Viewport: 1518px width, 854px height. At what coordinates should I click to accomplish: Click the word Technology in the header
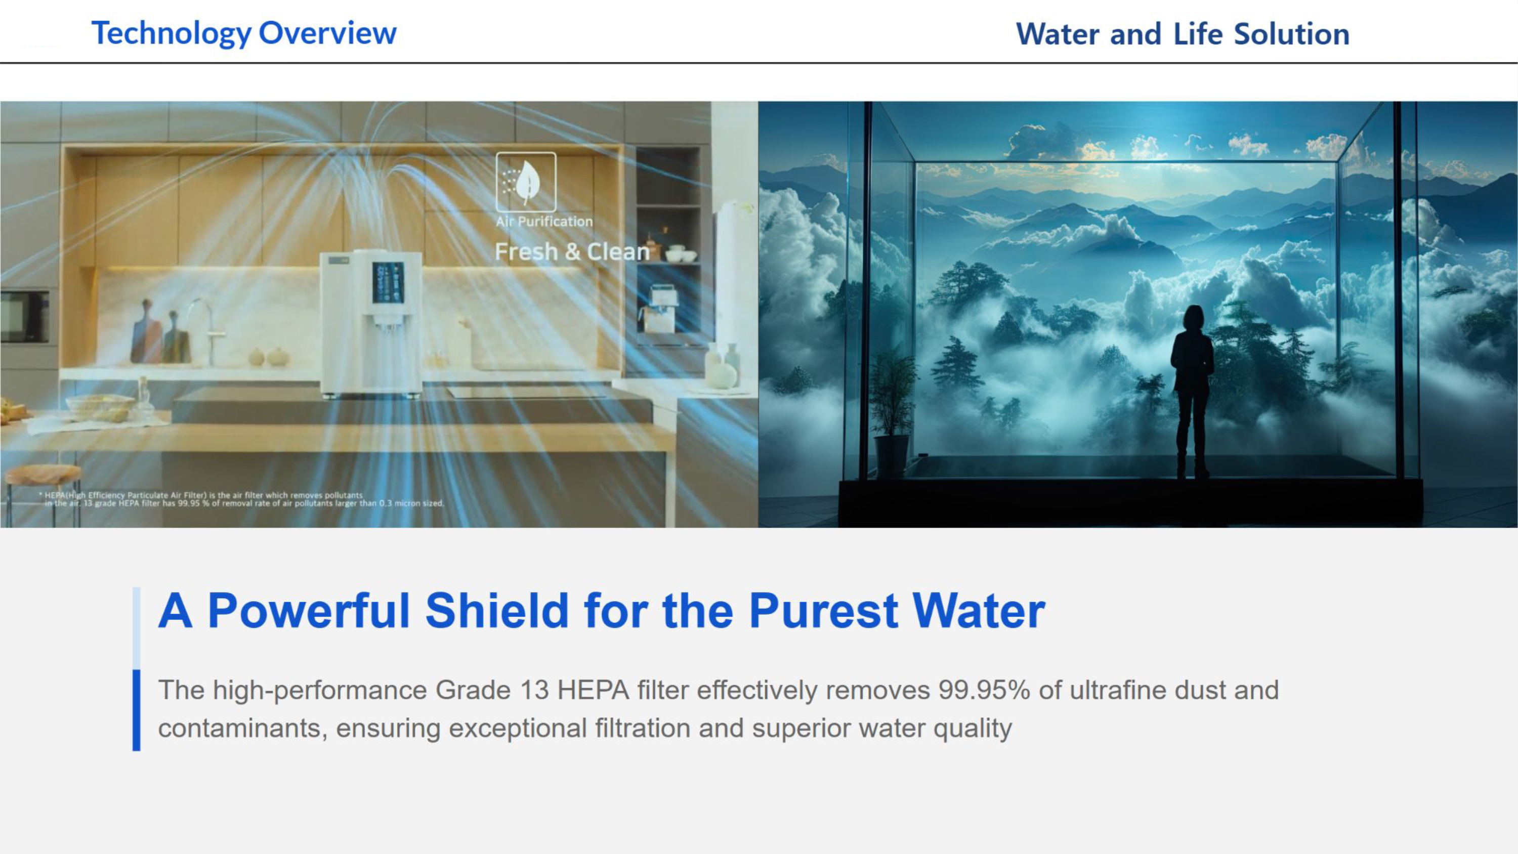(x=172, y=33)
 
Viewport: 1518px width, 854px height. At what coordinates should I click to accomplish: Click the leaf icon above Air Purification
(x=526, y=182)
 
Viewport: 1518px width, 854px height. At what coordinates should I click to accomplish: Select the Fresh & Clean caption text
(x=572, y=251)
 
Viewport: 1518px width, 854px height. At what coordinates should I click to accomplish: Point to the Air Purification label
(x=544, y=222)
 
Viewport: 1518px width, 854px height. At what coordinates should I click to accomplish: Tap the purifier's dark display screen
(x=388, y=283)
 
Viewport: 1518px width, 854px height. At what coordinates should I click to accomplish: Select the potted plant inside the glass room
(x=892, y=412)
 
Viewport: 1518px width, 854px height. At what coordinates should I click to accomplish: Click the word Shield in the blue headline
(x=497, y=611)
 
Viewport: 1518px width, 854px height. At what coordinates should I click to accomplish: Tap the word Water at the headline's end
(x=979, y=611)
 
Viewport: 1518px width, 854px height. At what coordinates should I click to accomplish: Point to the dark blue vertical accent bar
(x=136, y=710)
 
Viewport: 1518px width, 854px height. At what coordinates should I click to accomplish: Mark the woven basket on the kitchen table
(x=100, y=406)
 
